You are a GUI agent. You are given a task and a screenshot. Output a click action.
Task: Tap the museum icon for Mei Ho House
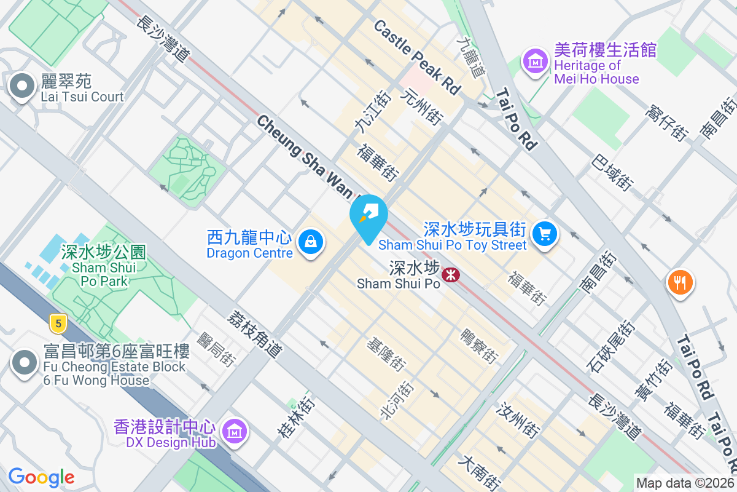pos(534,61)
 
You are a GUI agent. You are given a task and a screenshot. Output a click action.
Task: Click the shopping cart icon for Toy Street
pos(544,233)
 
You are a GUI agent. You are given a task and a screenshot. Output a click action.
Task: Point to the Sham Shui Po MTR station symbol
pos(451,274)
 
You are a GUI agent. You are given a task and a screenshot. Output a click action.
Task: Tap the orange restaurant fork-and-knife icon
pos(679,282)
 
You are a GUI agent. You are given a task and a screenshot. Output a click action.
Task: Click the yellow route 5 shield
pos(58,322)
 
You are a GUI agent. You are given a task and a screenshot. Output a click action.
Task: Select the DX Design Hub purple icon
pos(233,432)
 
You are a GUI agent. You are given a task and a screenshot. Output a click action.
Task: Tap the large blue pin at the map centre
pos(368,216)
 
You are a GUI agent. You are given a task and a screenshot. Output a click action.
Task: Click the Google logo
pos(41,477)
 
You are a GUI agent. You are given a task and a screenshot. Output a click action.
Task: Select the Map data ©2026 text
pos(684,483)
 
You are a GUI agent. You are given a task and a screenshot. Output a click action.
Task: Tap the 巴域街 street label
pos(612,172)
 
